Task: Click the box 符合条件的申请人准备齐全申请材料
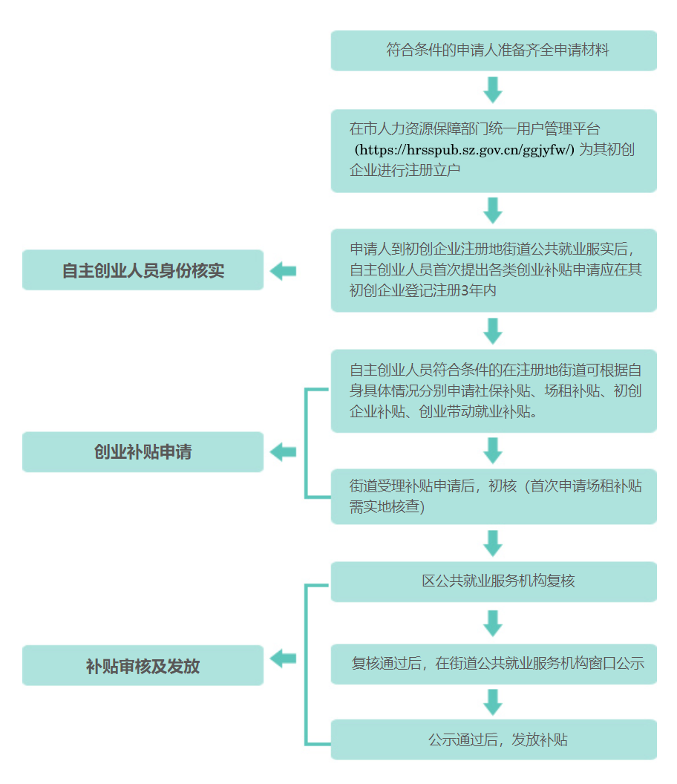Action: (494, 50)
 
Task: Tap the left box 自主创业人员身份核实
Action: (143, 270)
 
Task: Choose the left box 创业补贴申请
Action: (143, 452)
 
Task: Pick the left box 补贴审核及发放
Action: (143, 665)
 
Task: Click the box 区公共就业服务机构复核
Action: (494, 581)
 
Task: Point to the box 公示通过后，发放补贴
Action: (494, 739)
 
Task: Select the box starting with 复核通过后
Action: (494, 664)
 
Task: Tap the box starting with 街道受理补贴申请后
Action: (494, 497)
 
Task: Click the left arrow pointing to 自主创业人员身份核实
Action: (283, 271)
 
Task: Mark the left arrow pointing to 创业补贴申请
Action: (283, 452)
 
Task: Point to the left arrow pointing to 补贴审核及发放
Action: (283, 658)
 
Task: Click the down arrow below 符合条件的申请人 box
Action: (493, 90)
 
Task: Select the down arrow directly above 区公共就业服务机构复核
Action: (493, 543)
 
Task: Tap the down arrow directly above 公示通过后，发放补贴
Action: (493, 702)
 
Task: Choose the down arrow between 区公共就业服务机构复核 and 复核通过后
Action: (493, 624)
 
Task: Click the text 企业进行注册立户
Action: (405, 171)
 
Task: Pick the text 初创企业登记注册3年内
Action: (423, 290)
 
